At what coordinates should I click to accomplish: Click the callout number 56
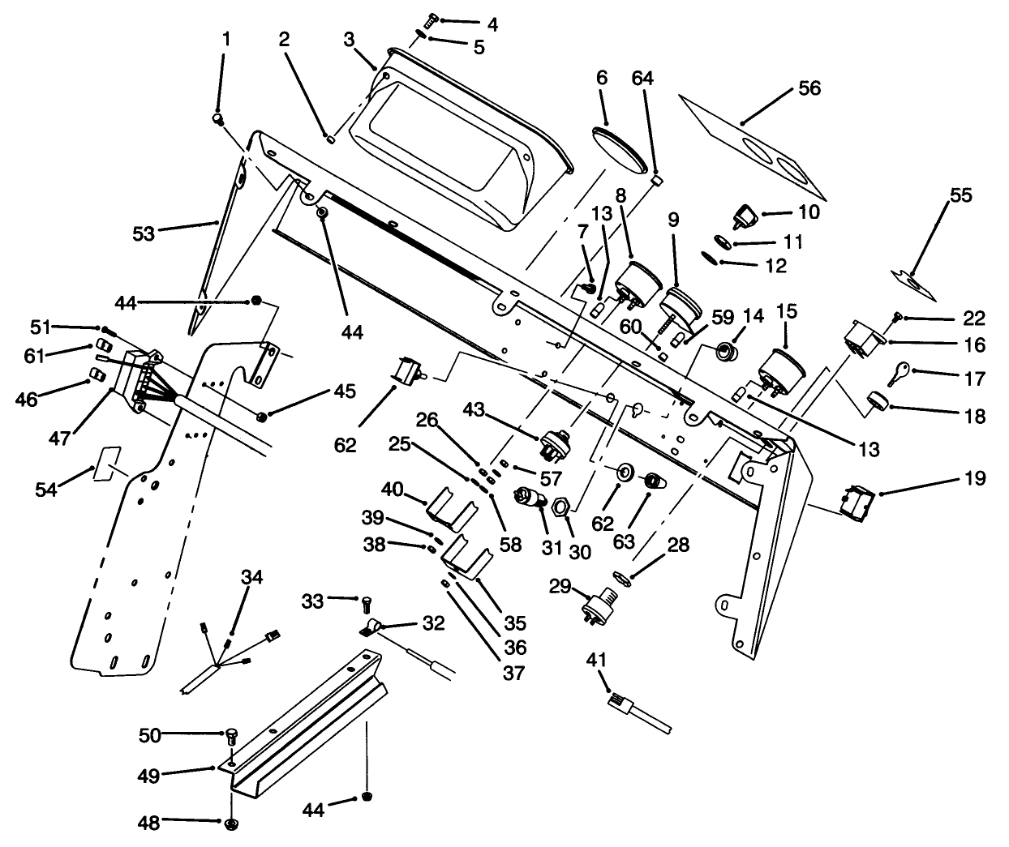[809, 88]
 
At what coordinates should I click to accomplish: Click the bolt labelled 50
[230, 737]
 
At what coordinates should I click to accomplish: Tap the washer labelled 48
[230, 824]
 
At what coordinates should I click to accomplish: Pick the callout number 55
[960, 195]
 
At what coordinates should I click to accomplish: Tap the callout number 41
[596, 660]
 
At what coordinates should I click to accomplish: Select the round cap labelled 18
[876, 401]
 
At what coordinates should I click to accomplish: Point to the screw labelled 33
[366, 603]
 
